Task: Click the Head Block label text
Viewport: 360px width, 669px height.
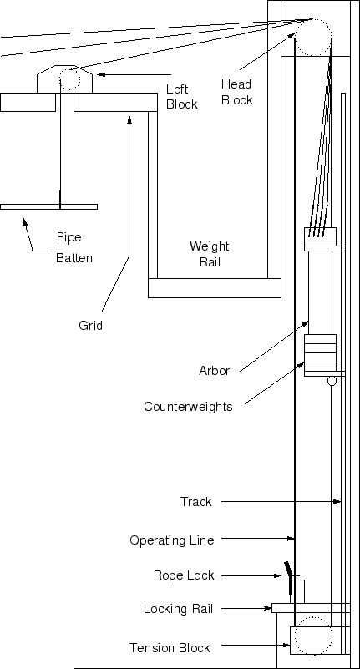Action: pyautogui.click(x=236, y=92)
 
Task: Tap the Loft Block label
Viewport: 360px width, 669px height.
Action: pyautogui.click(x=182, y=97)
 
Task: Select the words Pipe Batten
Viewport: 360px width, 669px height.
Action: pyautogui.click(x=74, y=247)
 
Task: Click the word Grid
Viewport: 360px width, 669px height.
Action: pyautogui.click(x=90, y=326)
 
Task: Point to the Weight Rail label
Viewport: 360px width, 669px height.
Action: pyautogui.click(x=210, y=254)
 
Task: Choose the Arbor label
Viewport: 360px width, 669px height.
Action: pyautogui.click(x=214, y=371)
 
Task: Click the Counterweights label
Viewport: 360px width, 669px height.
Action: pyautogui.click(x=188, y=407)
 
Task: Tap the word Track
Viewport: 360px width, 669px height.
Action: pyautogui.click(x=195, y=502)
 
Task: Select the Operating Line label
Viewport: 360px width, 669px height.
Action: pyautogui.click(x=172, y=540)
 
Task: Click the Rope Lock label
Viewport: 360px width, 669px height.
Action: pyautogui.click(x=184, y=575)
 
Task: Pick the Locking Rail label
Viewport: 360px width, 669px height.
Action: pyautogui.click(x=178, y=609)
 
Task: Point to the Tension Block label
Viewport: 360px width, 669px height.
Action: pyautogui.click(x=170, y=648)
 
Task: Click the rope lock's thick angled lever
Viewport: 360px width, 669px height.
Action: pyautogui.click(x=290, y=577)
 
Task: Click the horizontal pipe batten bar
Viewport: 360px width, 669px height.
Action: pyautogui.click(x=48, y=206)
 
